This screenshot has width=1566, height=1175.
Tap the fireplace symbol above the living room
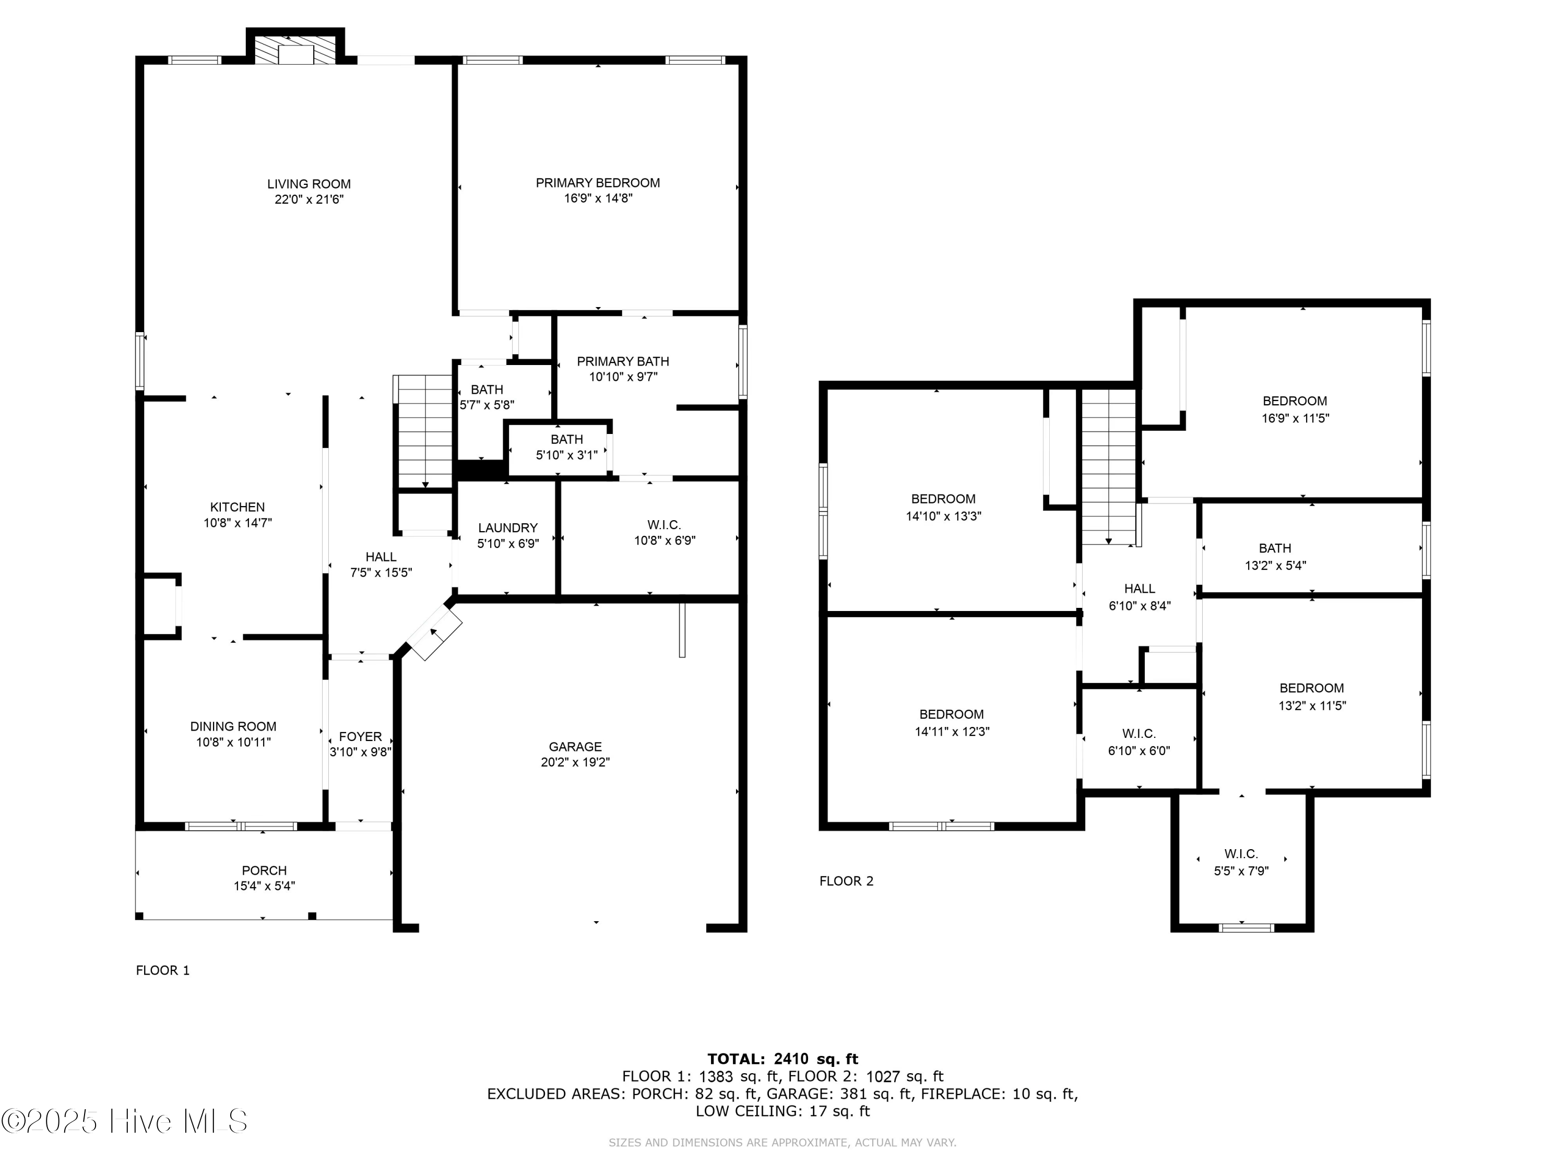(x=295, y=50)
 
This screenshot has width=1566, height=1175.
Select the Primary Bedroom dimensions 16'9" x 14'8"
(x=598, y=199)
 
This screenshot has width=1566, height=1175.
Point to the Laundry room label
(x=507, y=527)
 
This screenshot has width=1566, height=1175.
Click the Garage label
(x=575, y=746)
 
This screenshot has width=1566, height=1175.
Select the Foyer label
(x=360, y=736)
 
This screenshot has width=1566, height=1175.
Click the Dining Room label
(x=233, y=726)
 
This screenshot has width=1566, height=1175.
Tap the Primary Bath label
(x=622, y=361)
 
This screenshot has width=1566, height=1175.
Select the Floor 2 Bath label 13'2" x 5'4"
(x=1275, y=548)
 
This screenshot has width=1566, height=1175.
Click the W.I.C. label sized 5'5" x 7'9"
(x=1241, y=854)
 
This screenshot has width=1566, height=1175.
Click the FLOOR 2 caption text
(x=846, y=881)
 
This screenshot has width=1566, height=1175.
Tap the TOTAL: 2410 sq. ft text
(x=782, y=1059)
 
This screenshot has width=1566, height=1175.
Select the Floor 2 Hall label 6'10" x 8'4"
(x=1139, y=589)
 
